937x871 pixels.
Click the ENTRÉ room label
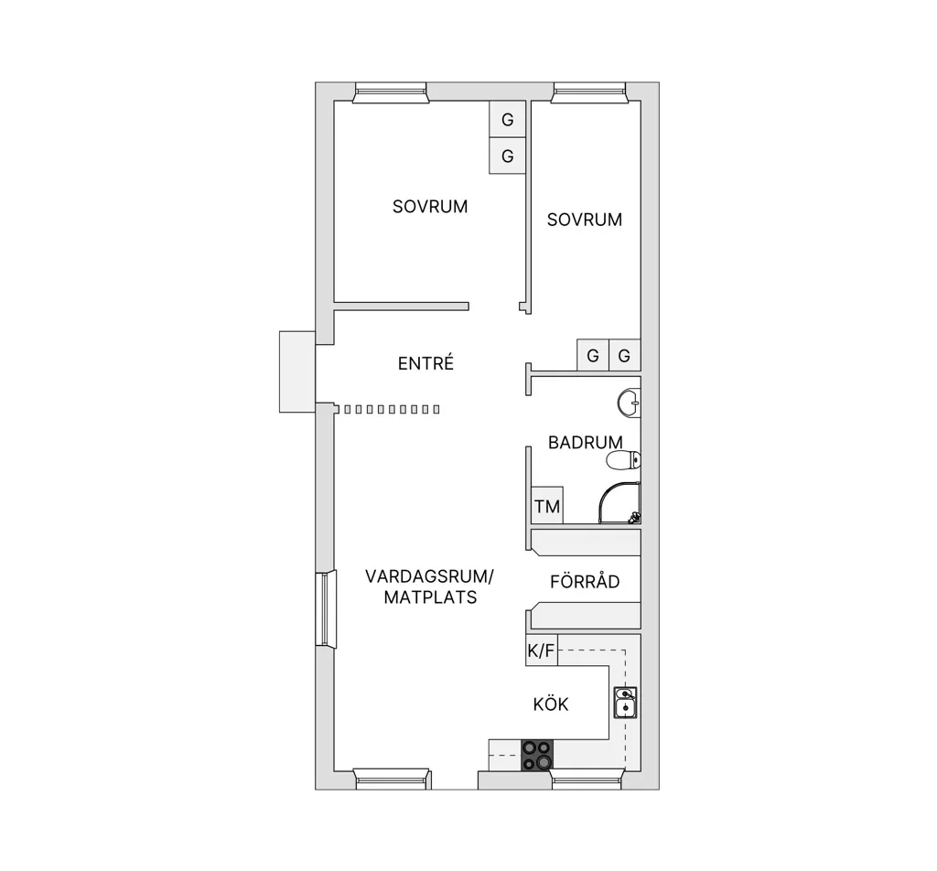(426, 362)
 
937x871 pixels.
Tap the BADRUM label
(585, 442)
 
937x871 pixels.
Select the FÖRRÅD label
(585, 581)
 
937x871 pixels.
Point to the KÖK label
(550, 704)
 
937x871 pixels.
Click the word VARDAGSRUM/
(430, 576)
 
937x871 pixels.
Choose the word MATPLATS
(430, 597)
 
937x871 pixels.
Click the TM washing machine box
(547, 505)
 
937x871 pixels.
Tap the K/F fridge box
(542, 650)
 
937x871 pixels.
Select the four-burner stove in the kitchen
(537, 755)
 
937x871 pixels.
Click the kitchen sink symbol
(625, 703)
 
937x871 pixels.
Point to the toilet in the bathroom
(623, 460)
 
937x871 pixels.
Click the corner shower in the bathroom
(619, 503)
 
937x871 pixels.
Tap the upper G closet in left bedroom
(507, 120)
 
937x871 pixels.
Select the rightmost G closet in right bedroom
(624, 356)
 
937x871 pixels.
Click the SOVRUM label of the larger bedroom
(430, 206)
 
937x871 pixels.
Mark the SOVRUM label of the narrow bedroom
(585, 220)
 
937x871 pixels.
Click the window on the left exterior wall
(326, 608)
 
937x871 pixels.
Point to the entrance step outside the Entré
(297, 371)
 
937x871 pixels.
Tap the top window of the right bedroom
(589, 92)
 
